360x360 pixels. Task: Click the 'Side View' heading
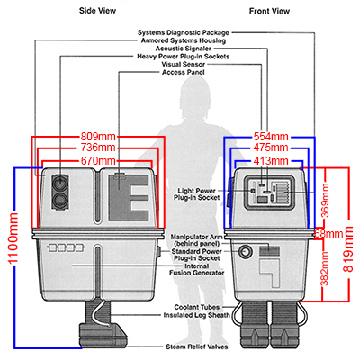tap(97, 11)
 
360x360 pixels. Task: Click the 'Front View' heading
tap(269, 11)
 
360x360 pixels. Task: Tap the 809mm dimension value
tap(98, 137)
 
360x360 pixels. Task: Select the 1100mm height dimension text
tap(13, 238)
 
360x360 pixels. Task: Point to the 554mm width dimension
tap(271, 137)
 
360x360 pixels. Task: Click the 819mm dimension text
tap(348, 249)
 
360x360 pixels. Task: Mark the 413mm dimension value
tap(271, 161)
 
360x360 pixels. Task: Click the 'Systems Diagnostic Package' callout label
tap(184, 32)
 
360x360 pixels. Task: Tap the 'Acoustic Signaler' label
tap(184, 49)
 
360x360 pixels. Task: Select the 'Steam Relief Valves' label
tap(197, 346)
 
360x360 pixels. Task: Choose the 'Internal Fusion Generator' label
tap(197, 269)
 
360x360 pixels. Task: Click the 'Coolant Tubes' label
tap(197, 307)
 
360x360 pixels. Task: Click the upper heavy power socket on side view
tap(60, 182)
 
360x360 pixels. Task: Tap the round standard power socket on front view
tap(246, 251)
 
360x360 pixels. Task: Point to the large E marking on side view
tap(139, 198)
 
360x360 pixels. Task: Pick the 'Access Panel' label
tap(184, 72)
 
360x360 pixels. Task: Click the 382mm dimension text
tap(325, 268)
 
